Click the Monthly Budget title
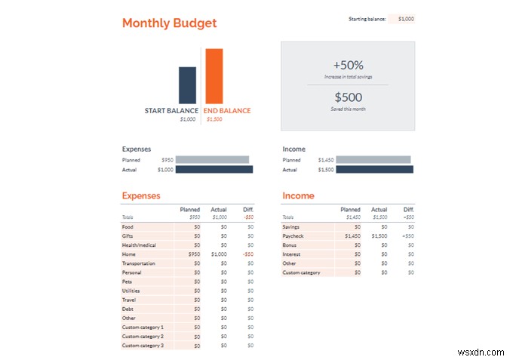(169, 23)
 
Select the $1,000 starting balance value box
(402, 19)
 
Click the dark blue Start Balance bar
(187, 85)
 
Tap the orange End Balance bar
(213, 75)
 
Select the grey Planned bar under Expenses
(212, 160)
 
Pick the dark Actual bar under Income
(374, 170)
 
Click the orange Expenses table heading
(141, 195)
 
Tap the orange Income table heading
(298, 195)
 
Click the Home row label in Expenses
(129, 254)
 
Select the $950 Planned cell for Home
(192, 254)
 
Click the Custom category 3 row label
(143, 345)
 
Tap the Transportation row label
(139, 263)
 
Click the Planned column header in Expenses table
(190, 209)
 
